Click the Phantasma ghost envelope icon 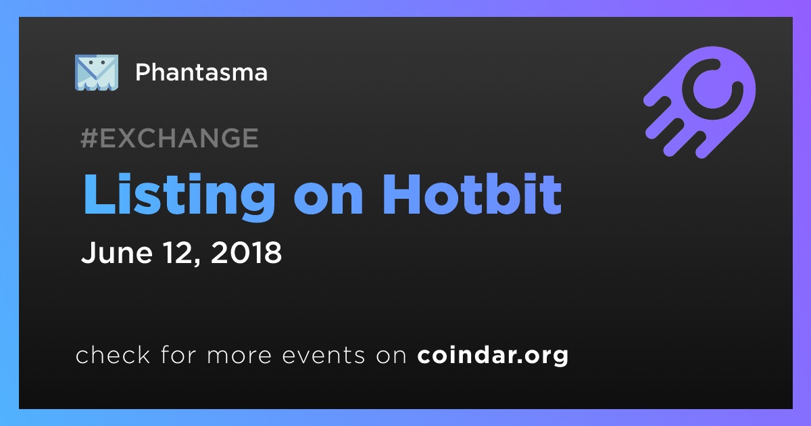click(96, 72)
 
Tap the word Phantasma click(201, 72)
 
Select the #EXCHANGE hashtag click(170, 138)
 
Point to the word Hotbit click(472, 194)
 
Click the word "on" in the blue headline click(328, 199)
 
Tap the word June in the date click(116, 252)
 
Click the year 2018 click(246, 252)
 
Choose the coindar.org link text click(493, 355)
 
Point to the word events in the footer click(323, 355)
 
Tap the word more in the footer click(239, 356)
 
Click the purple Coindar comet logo click(699, 102)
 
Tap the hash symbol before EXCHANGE click(89, 138)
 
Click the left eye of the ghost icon click(90, 62)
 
